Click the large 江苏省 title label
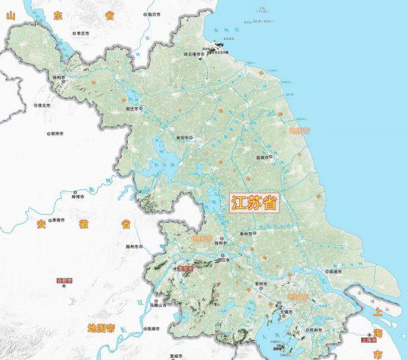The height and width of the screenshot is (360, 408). (x=254, y=204)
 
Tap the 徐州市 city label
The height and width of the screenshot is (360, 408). (x=60, y=77)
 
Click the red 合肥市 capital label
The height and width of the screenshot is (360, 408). (x=65, y=280)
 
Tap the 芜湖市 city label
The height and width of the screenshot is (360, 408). (x=152, y=329)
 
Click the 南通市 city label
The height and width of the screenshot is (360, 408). (x=333, y=272)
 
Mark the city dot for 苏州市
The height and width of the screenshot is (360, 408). (x=305, y=331)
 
